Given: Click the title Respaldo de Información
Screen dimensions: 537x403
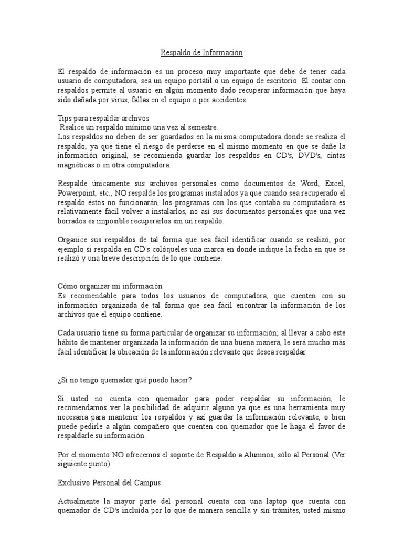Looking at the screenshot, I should pos(201,53).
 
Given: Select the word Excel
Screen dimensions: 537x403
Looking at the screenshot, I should pos(335,184).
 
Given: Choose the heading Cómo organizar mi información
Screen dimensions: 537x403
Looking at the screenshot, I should pos(110,286).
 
